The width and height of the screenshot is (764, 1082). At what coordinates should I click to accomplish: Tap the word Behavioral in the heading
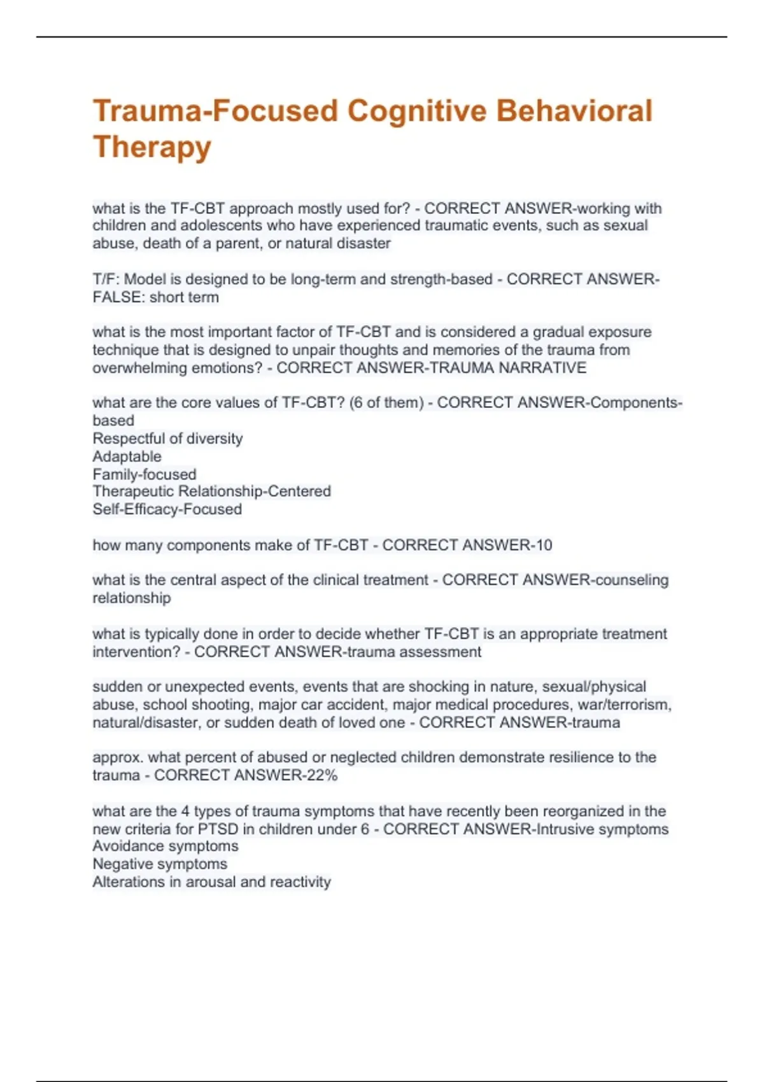coord(574,111)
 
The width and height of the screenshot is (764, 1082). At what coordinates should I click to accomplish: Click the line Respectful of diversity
coord(167,439)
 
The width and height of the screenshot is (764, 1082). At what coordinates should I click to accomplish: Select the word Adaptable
coord(127,456)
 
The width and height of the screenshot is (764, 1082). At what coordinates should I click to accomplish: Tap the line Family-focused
coord(145,474)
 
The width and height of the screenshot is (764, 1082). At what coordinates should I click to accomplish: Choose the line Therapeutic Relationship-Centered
coord(211,491)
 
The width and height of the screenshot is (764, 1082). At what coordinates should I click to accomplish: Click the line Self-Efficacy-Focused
coord(167,509)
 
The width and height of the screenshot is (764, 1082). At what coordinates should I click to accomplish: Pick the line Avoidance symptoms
coord(166,846)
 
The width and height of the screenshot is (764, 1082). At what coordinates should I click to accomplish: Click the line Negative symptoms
coord(160,864)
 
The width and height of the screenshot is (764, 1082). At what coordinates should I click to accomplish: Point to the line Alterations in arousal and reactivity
coord(211,882)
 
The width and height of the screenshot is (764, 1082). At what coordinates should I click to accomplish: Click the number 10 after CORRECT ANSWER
coord(544,545)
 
